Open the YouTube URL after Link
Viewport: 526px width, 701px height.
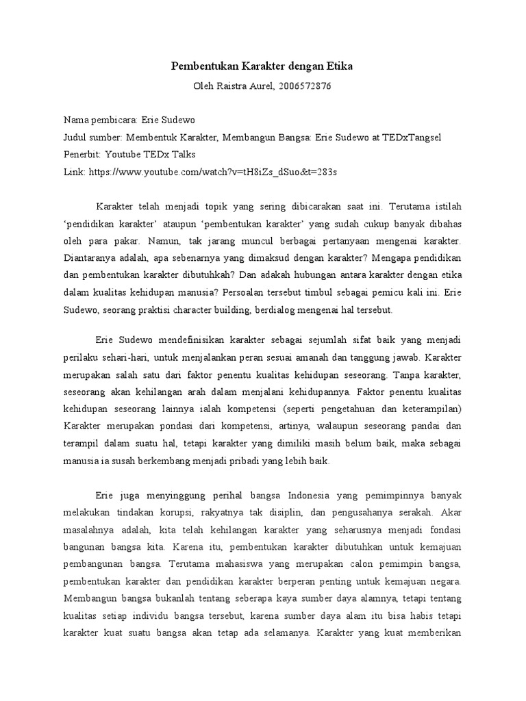(x=213, y=172)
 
